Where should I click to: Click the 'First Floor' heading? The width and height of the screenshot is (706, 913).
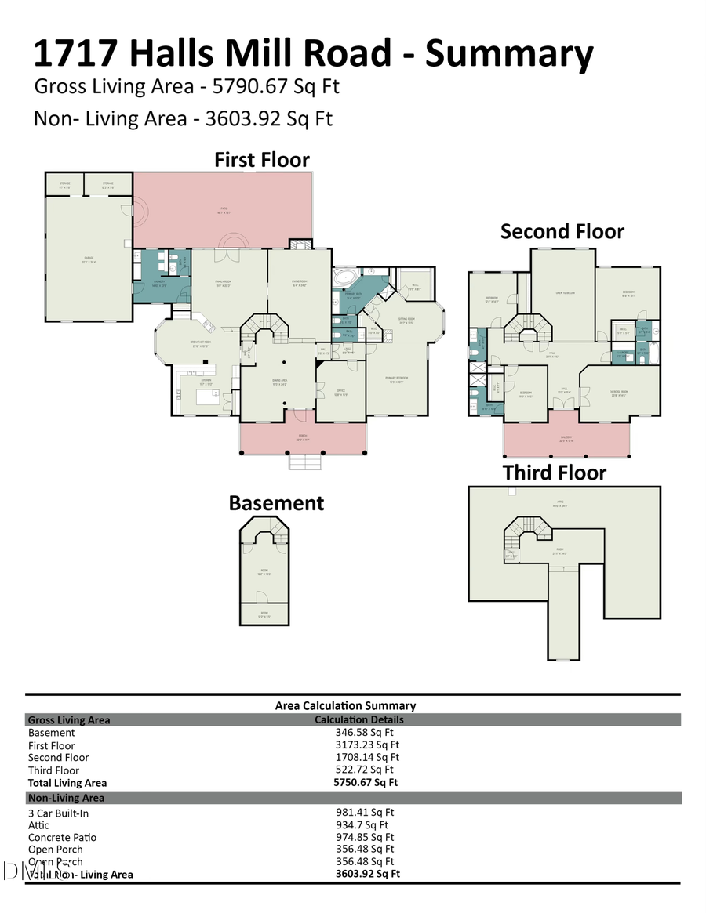click(262, 160)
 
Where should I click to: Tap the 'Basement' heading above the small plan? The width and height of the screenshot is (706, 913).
click(276, 503)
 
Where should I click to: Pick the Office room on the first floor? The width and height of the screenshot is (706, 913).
click(341, 393)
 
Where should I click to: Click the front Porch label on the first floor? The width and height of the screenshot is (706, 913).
click(303, 439)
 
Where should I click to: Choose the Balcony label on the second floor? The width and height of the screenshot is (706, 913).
click(566, 439)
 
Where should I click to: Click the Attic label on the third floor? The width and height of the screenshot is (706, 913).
click(560, 502)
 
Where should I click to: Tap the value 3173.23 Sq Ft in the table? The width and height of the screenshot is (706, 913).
click(367, 745)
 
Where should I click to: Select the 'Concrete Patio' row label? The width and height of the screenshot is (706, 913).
click(62, 838)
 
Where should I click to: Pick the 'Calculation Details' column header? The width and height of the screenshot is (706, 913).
click(359, 719)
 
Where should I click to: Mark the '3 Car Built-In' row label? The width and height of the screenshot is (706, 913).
click(58, 813)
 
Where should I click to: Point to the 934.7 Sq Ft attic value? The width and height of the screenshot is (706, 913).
click(362, 825)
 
